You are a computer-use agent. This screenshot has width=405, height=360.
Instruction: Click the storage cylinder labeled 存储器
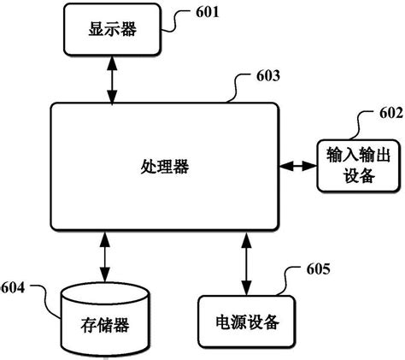[106, 316]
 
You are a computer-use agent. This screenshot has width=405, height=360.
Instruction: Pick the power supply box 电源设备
[245, 322]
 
